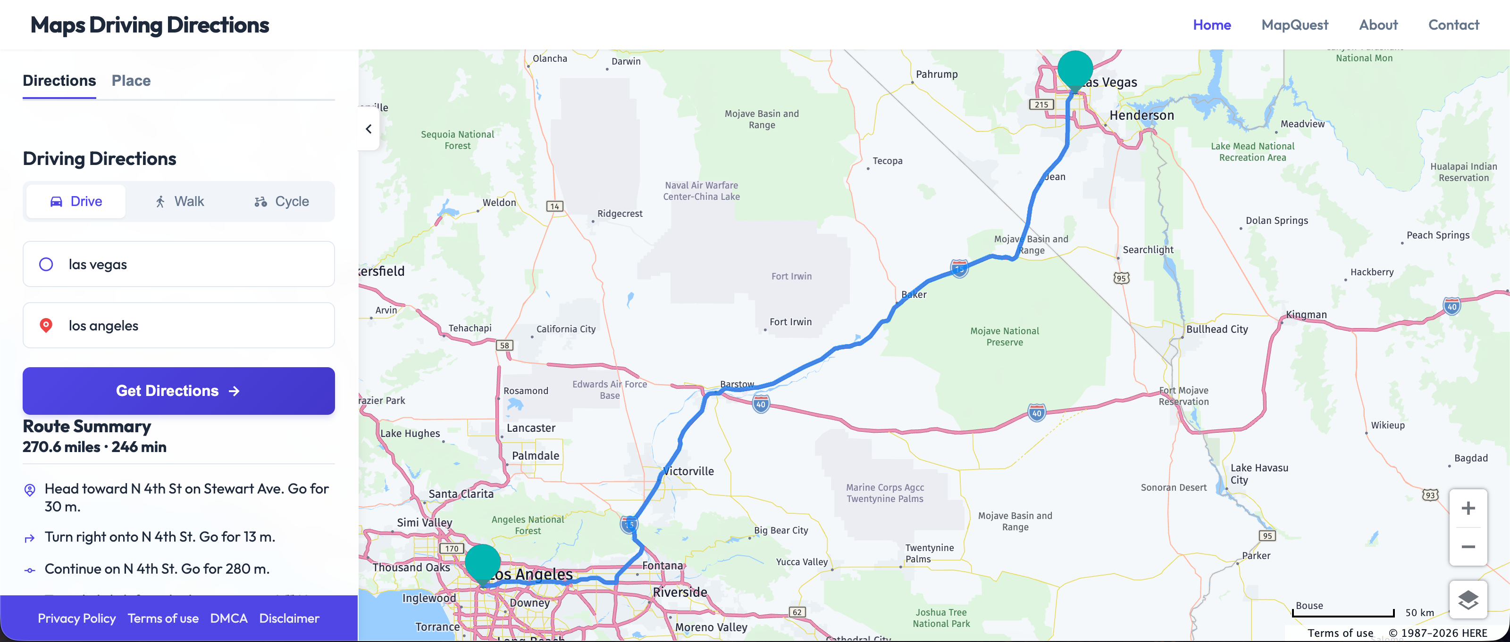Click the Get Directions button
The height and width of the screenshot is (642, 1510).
tap(178, 391)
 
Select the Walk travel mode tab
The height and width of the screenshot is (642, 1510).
tap(180, 201)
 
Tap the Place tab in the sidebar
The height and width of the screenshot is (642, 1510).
tap(131, 80)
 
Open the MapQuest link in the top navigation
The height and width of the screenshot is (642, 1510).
tap(1294, 25)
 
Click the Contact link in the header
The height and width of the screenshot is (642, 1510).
tap(1453, 25)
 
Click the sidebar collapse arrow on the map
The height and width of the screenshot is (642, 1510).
tap(369, 129)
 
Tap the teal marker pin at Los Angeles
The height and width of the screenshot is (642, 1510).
tap(482, 562)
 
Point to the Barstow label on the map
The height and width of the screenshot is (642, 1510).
tap(737, 384)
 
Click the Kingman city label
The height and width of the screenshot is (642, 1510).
tap(1306, 314)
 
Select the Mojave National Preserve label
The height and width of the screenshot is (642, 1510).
tap(1004, 336)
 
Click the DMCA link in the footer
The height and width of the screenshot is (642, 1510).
tap(228, 618)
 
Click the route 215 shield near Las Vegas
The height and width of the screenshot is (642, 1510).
tap(1041, 104)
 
